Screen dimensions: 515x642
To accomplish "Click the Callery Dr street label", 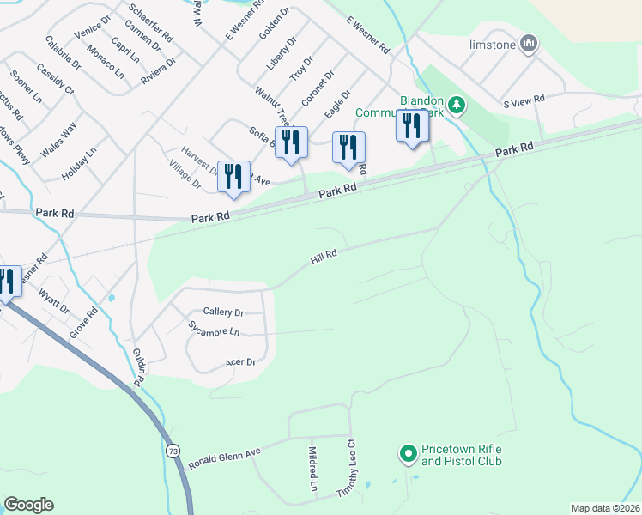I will (223, 312).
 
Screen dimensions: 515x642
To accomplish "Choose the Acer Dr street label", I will (240, 362).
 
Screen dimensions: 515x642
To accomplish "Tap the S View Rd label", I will (524, 100).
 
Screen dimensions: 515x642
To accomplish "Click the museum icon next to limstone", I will (528, 43).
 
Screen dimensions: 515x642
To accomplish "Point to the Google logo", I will (28, 505).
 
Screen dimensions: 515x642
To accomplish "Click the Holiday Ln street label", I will (81, 165).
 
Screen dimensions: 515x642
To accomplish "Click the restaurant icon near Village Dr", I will (233, 176).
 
